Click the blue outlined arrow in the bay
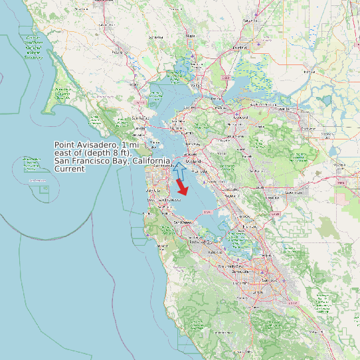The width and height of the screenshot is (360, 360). click(178, 169)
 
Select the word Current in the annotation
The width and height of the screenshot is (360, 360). click(69, 169)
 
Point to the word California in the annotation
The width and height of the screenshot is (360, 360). click(151, 161)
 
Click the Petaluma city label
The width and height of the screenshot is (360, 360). click(120, 50)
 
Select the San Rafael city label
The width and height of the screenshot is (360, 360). click(140, 118)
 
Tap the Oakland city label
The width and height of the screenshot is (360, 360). click(194, 160)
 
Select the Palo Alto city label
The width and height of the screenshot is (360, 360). click(215, 253)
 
